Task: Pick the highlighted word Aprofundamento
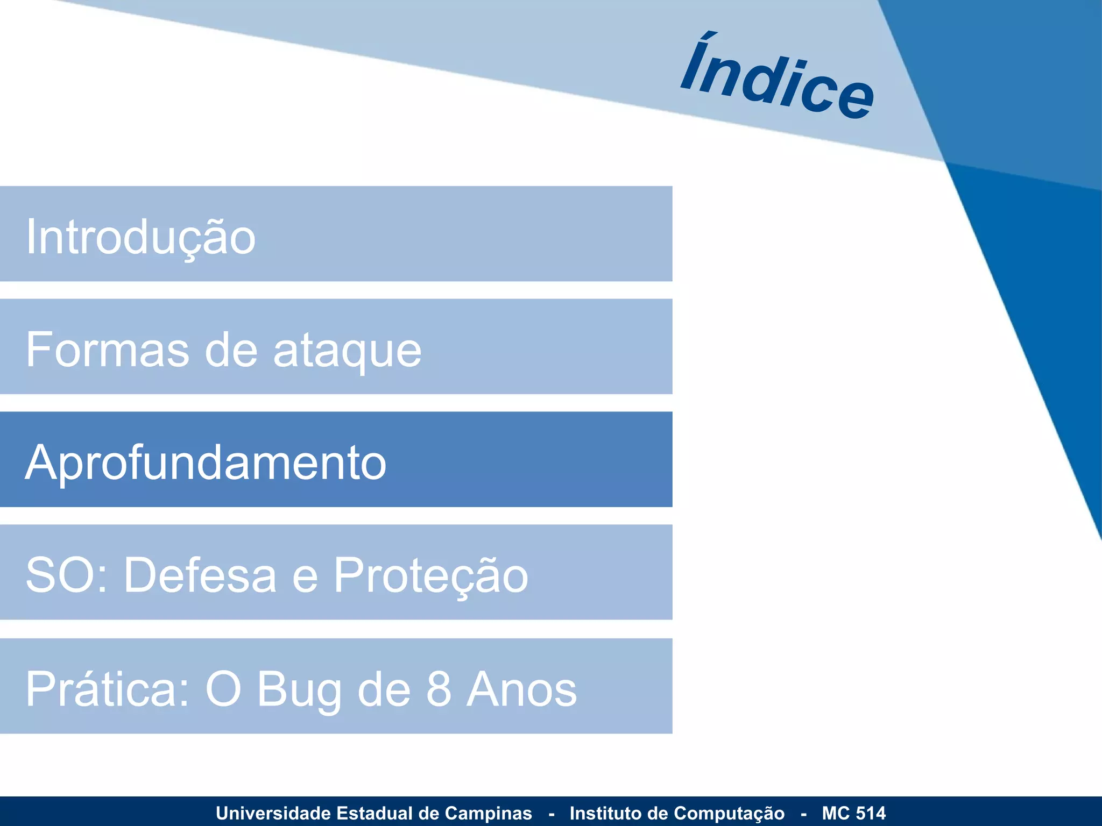[206, 462]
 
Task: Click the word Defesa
[200, 575]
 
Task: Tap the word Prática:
[108, 689]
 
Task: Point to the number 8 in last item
[439, 689]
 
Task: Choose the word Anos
[522, 689]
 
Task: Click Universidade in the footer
[273, 813]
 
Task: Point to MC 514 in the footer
[853, 813]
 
